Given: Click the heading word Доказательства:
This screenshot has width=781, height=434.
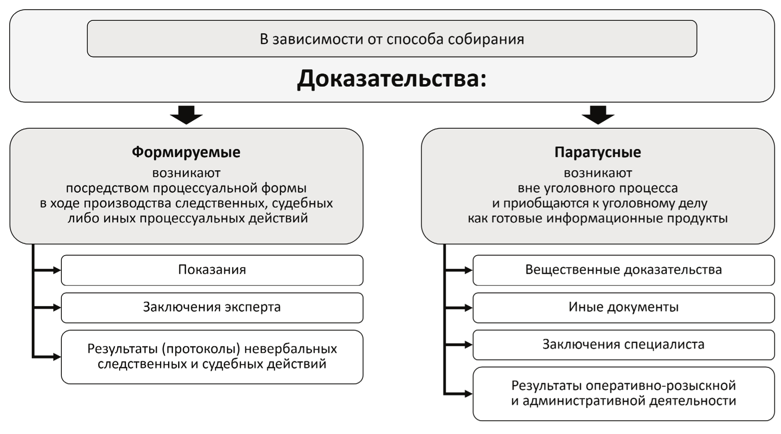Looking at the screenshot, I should tap(392, 79).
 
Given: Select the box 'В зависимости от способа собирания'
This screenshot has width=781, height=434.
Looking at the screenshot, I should tap(392, 39).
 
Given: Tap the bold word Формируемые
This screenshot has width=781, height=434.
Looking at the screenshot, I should tap(186, 152).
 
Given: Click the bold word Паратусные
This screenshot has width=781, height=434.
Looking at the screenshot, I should tap(598, 152).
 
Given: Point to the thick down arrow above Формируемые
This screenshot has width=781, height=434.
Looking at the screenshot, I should tap(186, 115).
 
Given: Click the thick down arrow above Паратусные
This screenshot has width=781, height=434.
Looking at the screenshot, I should tap(598, 115).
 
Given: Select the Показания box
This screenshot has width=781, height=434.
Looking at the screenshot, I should tap(212, 270).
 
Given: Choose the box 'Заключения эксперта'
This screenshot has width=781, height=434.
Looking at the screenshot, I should tap(212, 307).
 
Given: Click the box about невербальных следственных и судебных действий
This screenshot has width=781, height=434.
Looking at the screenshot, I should tap(212, 356).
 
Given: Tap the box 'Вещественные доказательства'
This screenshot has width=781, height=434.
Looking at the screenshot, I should tap(623, 270).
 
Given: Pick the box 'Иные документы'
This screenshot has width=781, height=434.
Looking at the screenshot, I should tap(623, 307).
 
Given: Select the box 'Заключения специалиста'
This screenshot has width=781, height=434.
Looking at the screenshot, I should tap(623, 345).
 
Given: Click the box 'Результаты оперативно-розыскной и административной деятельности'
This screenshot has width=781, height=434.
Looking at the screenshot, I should tap(623, 393).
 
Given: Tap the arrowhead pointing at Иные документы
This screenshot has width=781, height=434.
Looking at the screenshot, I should tap(468, 308).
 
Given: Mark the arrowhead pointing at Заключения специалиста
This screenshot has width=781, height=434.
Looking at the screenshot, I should tap(468, 345).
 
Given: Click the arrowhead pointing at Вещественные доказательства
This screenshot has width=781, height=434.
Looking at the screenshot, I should tap(468, 270).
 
